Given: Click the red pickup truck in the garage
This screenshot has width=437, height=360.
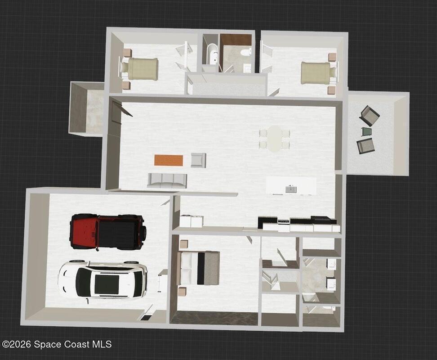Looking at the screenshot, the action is pos(108,231).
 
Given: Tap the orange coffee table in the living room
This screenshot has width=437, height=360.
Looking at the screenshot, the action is pos(169,160).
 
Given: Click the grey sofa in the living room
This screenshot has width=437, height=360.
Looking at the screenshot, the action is pos(167,181).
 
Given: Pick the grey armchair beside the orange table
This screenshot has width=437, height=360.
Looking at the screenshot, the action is pos(198,160).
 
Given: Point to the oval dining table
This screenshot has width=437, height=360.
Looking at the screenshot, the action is pos(275,139).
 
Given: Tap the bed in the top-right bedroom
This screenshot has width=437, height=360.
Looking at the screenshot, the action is pos(319,73).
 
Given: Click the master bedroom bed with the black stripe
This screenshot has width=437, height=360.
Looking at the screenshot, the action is pos(198,268).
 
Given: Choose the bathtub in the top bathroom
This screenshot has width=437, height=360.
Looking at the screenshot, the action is pos(213,54).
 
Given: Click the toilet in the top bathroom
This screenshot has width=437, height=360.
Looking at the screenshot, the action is pos(245,52).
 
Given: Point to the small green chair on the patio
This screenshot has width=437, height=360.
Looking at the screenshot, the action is pos(367,131).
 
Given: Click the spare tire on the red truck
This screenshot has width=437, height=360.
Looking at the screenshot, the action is pos(144,231).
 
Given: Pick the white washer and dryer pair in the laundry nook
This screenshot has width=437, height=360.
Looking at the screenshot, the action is pos(191,221).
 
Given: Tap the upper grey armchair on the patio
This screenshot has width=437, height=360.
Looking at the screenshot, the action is pos(370,116).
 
